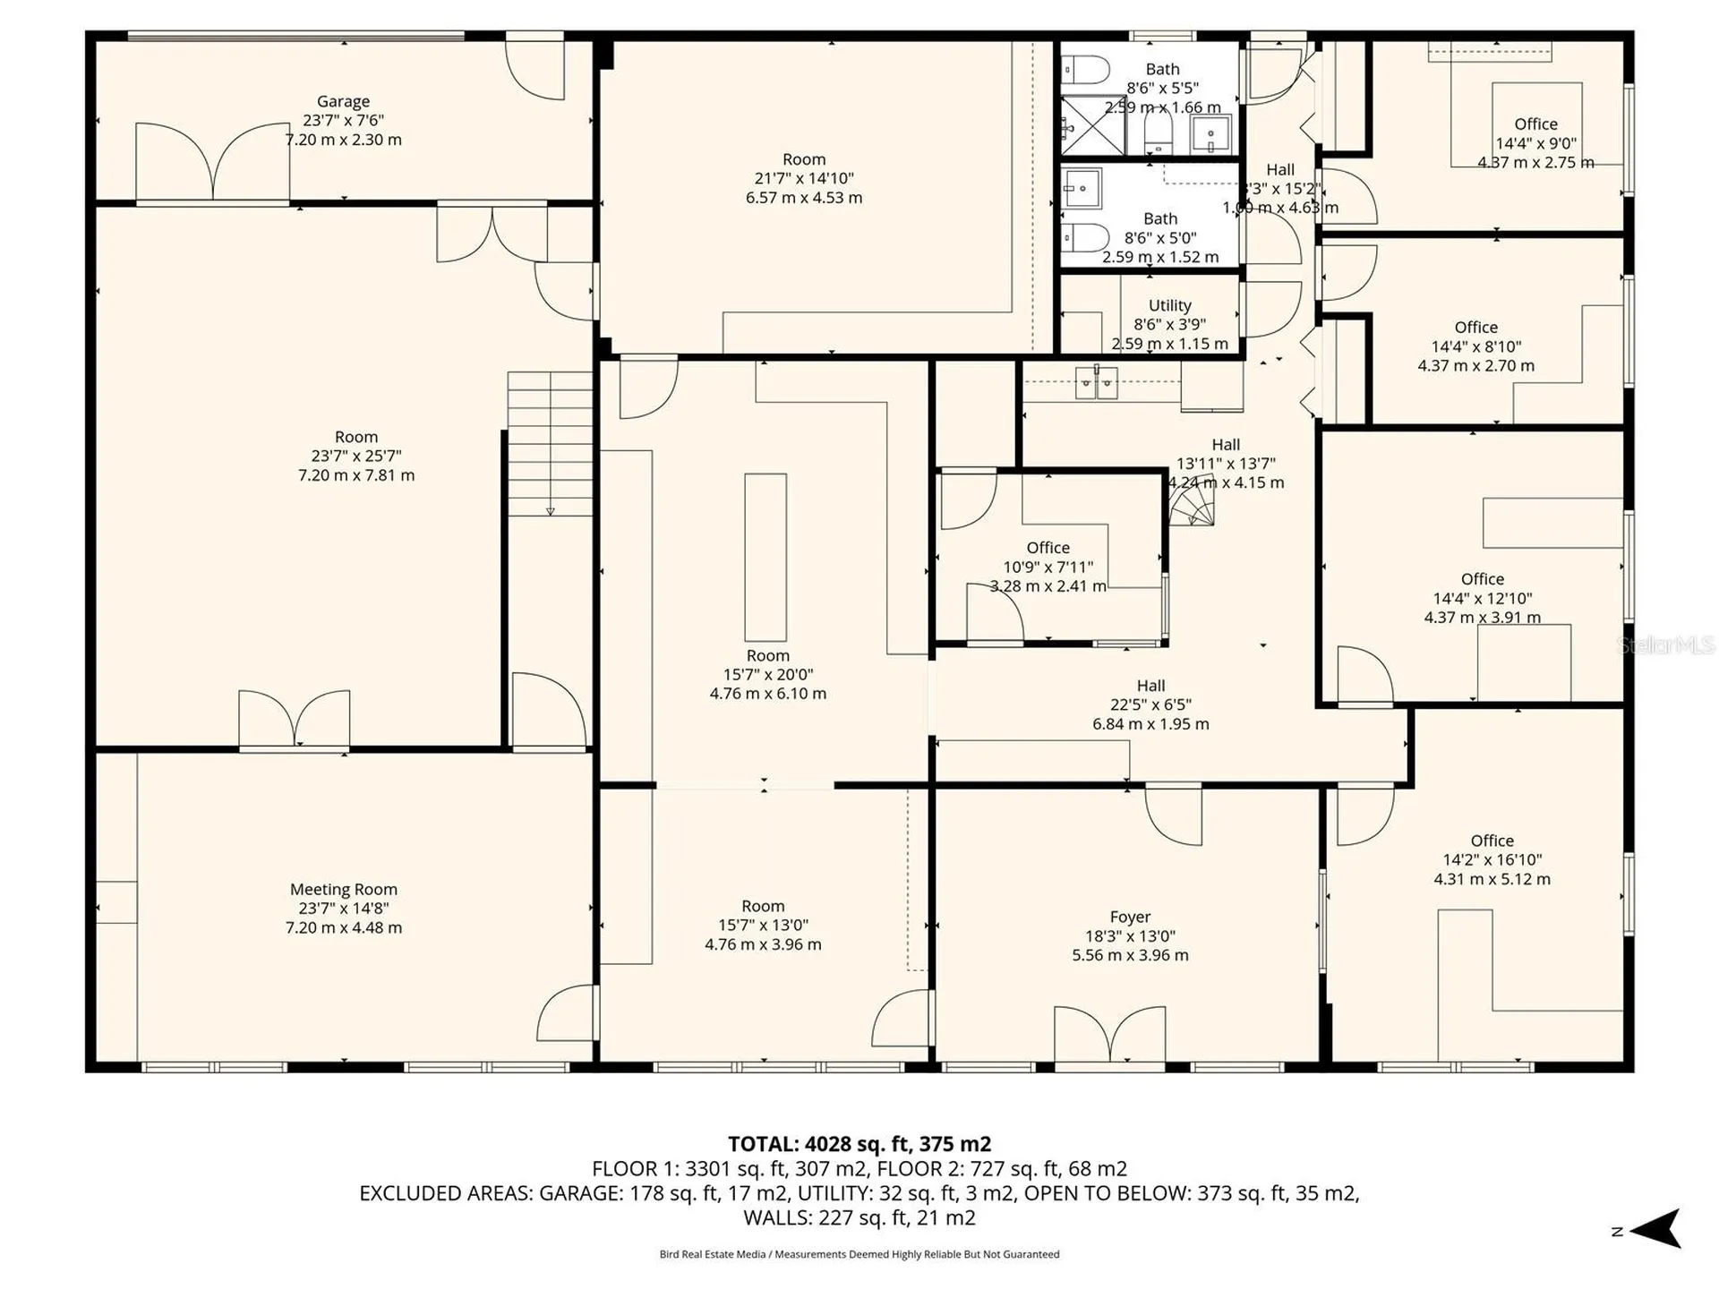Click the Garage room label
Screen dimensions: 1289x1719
[343, 102]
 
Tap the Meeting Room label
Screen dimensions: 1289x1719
[343, 889]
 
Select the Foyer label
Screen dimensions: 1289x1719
[1130, 917]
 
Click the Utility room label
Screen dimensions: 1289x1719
[1169, 305]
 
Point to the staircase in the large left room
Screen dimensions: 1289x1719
[550, 444]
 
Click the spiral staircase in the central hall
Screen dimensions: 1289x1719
[1193, 510]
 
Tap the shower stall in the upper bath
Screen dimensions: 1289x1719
[1091, 125]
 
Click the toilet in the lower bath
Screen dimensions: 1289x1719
[1085, 237]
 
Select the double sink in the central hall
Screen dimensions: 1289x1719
[1097, 382]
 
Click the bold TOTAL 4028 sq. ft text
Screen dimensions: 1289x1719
[859, 1144]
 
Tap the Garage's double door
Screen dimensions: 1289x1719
[212, 161]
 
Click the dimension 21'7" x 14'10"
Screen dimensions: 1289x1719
[803, 178]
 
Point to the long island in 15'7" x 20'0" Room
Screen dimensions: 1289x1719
[765, 557]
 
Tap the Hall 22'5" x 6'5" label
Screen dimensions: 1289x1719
[1150, 686]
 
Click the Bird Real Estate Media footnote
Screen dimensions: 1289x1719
[859, 1254]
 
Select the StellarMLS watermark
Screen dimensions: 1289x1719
[1665, 644]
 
